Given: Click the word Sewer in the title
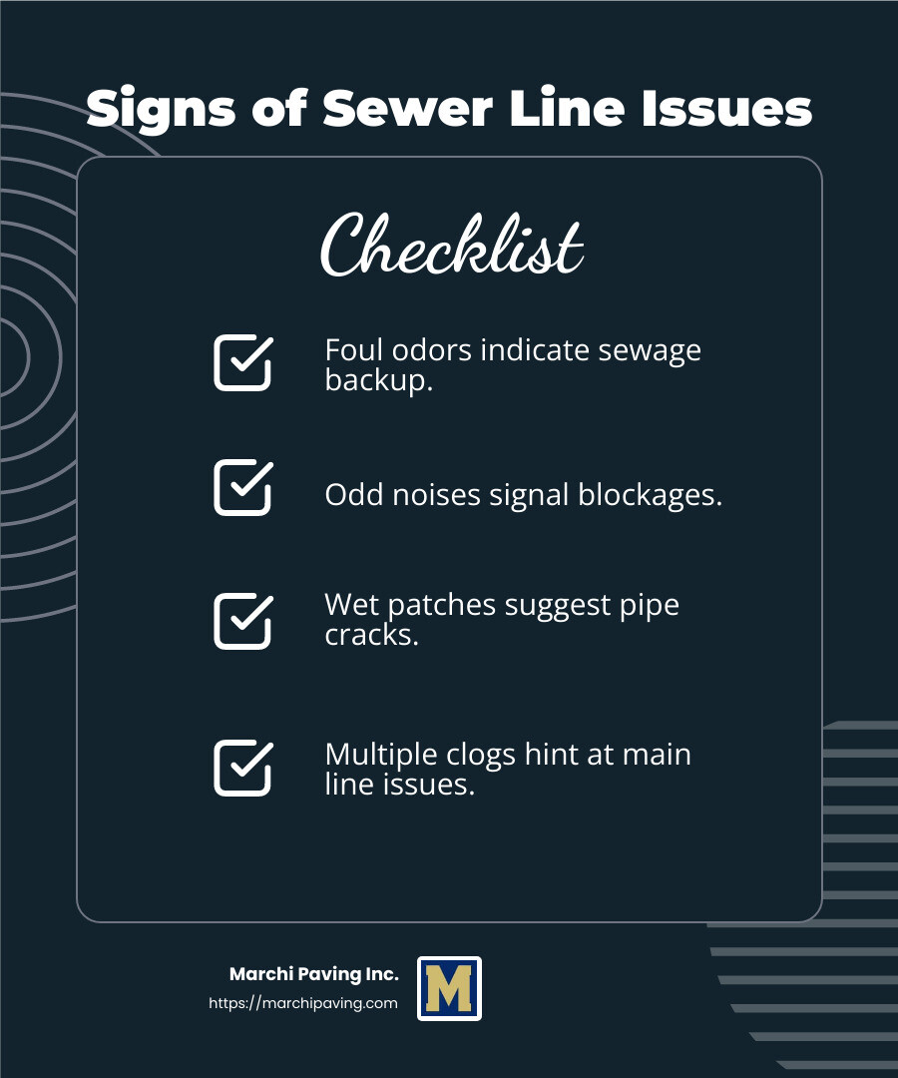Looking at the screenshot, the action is coord(407,108).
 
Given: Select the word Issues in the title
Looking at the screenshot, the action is coord(726,108).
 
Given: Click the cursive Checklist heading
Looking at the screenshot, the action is coord(451,245).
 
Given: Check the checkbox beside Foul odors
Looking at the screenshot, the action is coord(243,362).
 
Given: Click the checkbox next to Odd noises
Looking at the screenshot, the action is coord(243,487).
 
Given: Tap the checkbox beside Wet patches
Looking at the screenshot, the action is coord(243,621).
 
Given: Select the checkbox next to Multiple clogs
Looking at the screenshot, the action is coord(243,768).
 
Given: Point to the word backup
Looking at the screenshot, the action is coord(378,379).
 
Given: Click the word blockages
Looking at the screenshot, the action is coord(650,495).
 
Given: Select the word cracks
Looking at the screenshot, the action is coord(371,635).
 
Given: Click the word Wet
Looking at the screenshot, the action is coord(352,605).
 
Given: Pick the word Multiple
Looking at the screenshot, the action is coord(381,756).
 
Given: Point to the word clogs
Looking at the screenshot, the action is coord(481,756).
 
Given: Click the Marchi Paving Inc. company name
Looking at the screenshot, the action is coord(314,974).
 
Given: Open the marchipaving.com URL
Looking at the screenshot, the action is coord(303,1003).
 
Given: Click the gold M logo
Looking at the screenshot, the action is coord(449,988).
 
